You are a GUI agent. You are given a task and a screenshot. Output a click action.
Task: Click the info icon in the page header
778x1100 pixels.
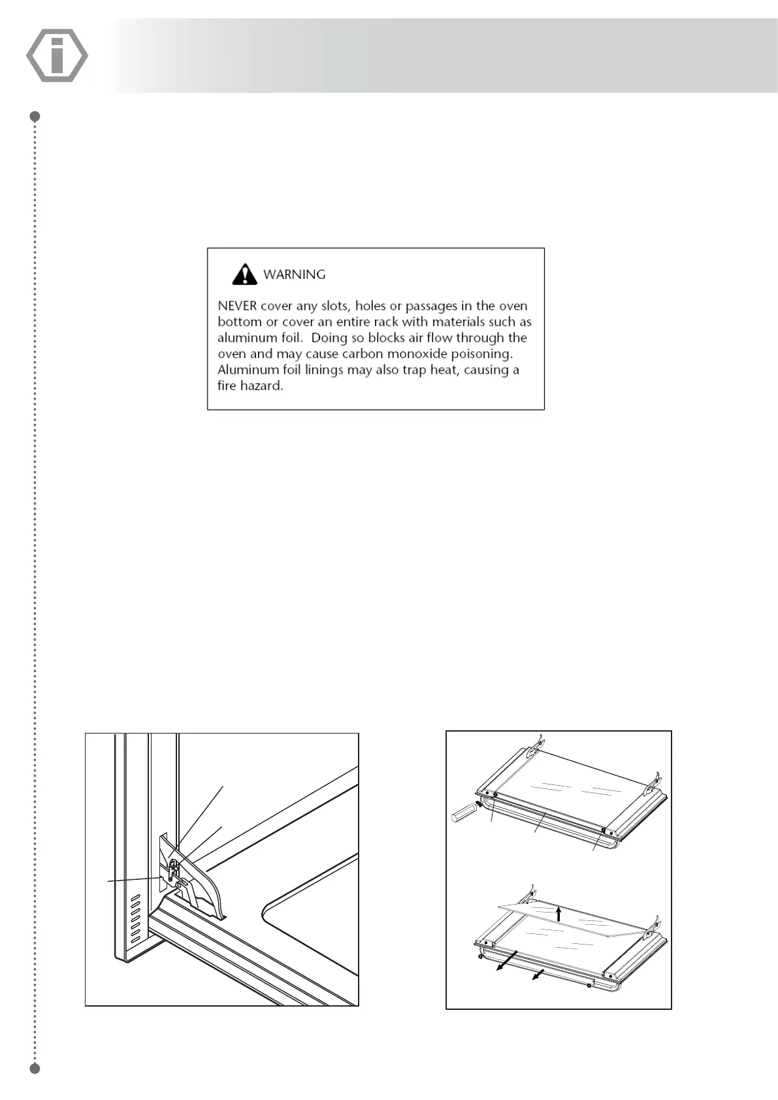[57, 56]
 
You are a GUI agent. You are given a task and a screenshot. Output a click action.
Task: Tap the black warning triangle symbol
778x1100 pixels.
[244, 274]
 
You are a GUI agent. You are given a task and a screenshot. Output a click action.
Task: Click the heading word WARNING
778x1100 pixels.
[294, 275]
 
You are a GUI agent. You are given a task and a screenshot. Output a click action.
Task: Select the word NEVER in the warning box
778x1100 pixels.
[237, 306]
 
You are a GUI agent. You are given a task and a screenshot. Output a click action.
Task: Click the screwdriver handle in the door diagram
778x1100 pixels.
[463, 814]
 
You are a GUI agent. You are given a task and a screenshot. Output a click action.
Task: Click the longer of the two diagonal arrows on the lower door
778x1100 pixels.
[506, 962]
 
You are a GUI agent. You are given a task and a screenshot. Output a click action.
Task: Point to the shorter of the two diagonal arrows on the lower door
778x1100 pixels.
[538, 975]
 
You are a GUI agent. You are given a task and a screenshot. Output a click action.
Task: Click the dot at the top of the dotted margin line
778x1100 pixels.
[36, 116]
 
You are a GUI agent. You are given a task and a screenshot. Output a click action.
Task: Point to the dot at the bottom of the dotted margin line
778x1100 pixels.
[36, 1069]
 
